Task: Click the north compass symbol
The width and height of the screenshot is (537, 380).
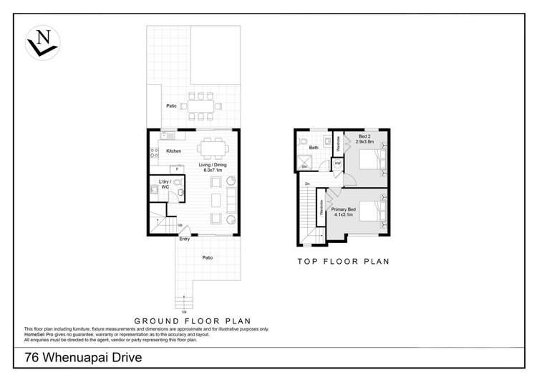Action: tap(43, 43)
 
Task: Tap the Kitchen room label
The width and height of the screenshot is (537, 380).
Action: tap(173, 151)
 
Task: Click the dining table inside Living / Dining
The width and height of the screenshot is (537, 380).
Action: tap(213, 149)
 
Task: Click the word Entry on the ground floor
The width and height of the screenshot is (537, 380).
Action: tap(185, 239)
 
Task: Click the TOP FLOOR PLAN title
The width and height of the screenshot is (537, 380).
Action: tap(343, 262)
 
